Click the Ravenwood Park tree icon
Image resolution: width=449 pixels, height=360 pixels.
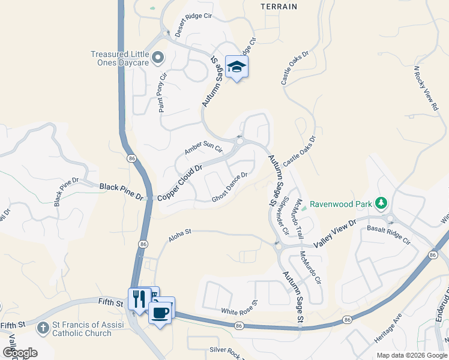click(381, 203)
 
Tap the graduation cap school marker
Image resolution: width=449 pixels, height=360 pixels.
click(237, 67)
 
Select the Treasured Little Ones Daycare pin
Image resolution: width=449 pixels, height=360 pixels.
click(158, 58)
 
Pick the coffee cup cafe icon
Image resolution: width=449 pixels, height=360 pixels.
click(160, 311)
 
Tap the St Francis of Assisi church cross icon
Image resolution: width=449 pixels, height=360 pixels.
click(43, 329)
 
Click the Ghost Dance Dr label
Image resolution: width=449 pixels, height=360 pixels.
click(230, 187)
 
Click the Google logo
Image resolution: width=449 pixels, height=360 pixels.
click(20, 352)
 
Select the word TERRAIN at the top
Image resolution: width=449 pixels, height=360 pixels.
click(279, 7)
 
